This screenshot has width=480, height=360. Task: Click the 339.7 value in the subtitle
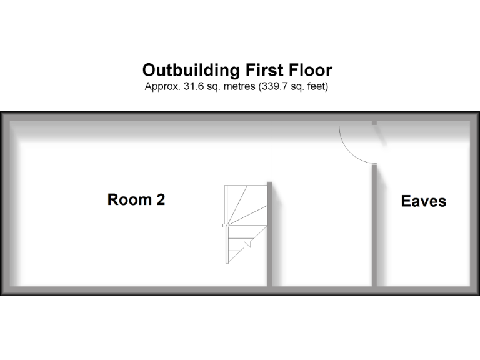click(269, 86)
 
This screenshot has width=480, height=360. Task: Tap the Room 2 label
click(136, 200)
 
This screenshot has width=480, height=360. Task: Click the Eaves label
click(424, 201)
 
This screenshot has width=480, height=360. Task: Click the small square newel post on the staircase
click(226, 225)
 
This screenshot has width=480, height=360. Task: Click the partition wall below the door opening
click(374, 225)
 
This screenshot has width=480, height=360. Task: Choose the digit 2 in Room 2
click(161, 200)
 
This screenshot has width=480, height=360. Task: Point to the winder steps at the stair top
click(247, 203)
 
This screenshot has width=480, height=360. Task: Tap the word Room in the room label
click(129, 200)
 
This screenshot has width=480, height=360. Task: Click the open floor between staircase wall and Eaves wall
click(322, 231)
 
